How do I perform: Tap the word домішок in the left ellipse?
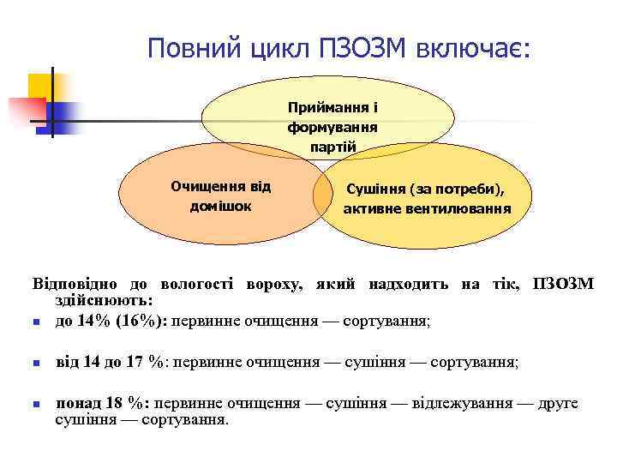[x=220, y=206]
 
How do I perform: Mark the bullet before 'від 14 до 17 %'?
[x=36, y=364]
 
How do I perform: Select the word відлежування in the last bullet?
[x=470, y=403]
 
